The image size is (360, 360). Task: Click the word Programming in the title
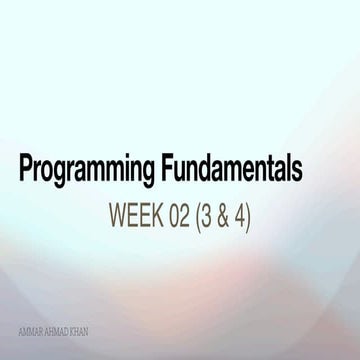pyautogui.click(x=83, y=171)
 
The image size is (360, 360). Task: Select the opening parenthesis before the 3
pyautogui.click(x=198, y=215)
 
